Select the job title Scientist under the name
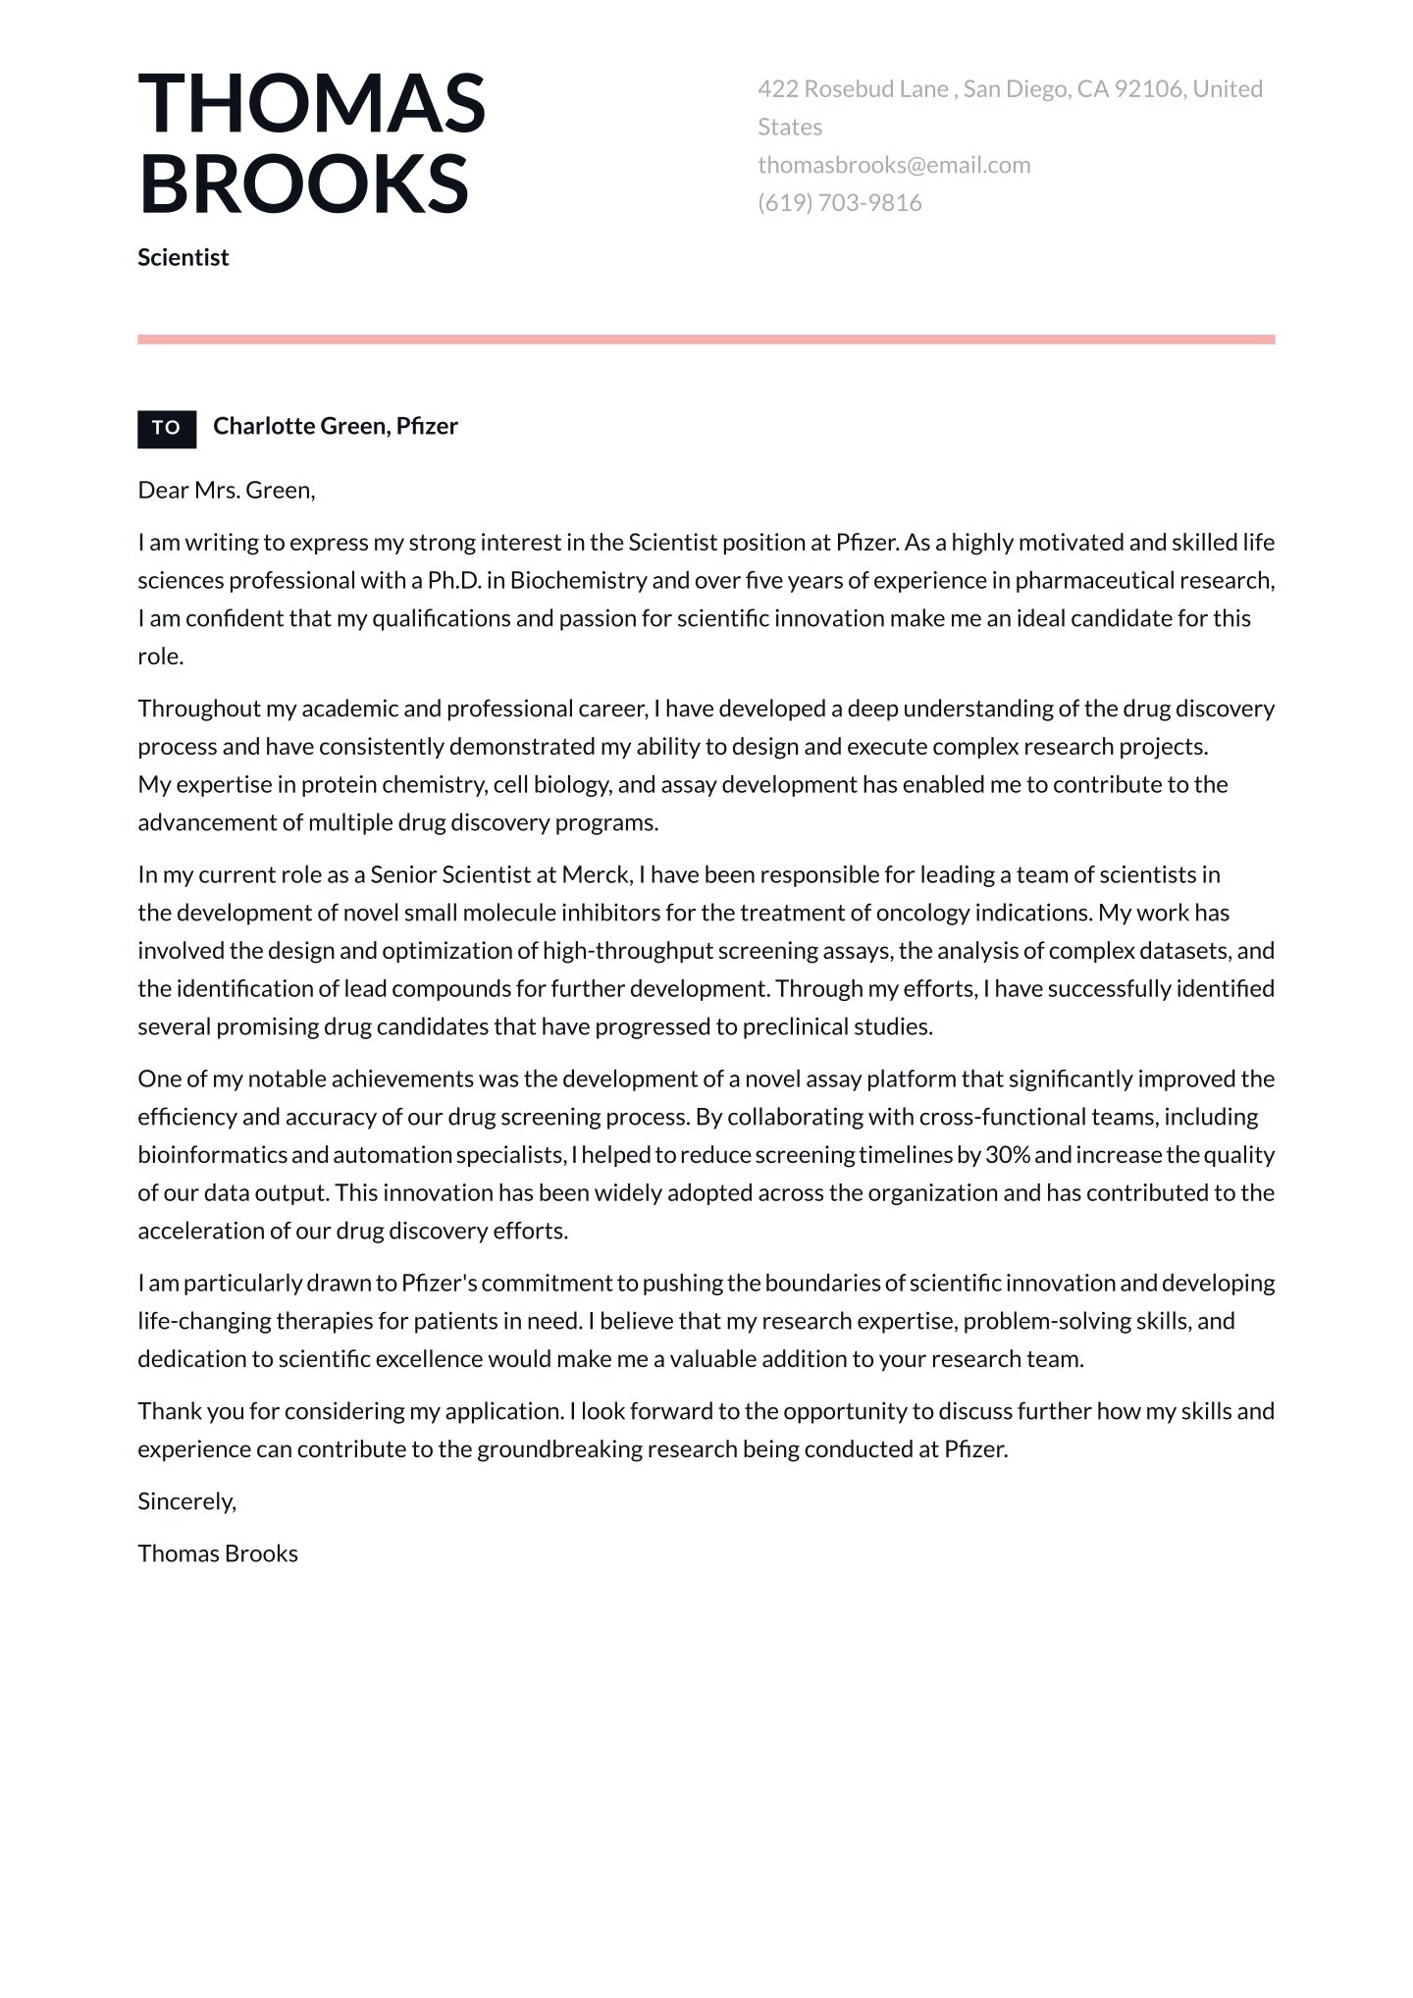pos(183,257)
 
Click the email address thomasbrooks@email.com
pos(894,165)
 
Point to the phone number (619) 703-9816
pos(839,203)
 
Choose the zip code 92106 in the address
pos(1148,89)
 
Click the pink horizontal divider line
pos(706,340)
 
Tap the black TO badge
pos(167,428)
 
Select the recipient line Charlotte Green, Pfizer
pos(335,426)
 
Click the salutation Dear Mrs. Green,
pos(227,490)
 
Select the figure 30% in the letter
pos(1007,1155)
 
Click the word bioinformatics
pos(211,1155)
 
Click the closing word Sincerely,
pos(186,1501)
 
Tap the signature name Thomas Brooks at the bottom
pos(218,1553)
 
